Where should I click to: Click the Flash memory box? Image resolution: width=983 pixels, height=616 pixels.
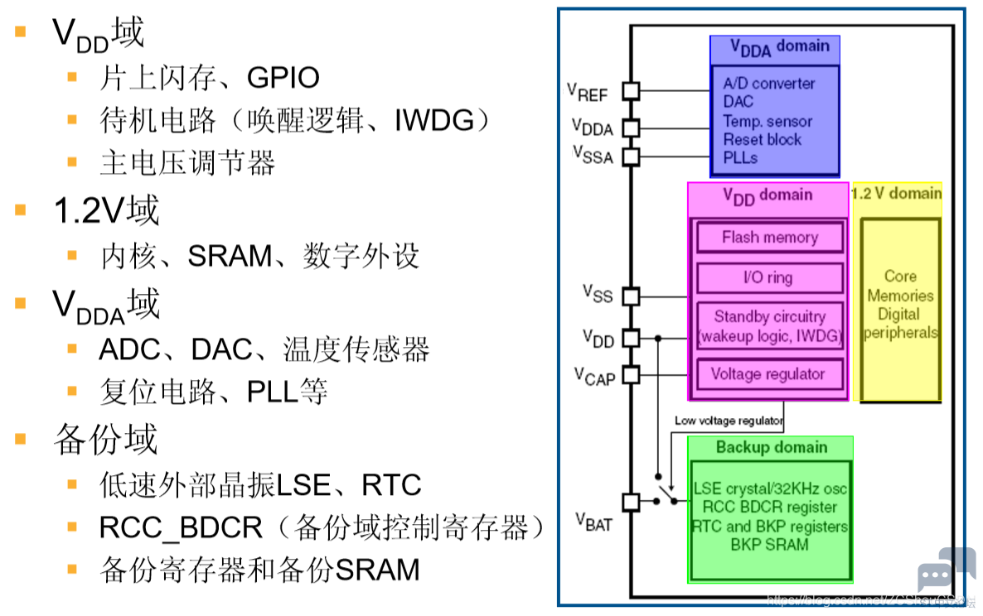pos(770,238)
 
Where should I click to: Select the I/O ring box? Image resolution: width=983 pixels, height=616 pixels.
pos(770,277)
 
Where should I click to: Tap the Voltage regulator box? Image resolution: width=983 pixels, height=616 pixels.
pos(770,374)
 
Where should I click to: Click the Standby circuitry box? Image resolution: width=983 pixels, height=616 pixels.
pos(770,325)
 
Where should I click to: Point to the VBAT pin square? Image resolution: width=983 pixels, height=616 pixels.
pos(632,502)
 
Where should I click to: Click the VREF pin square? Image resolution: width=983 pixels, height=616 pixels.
pos(632,91)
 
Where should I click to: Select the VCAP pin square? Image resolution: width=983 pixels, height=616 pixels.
pos(632,375)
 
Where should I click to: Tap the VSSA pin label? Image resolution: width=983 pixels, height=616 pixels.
pos(593,156)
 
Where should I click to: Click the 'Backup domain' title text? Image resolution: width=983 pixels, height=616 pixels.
pos(772,447)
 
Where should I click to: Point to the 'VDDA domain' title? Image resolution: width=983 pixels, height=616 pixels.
pos(779,47)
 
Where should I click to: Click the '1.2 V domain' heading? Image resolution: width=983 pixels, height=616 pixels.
pos(897,193)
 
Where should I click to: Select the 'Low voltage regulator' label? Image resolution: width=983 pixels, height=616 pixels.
pos(729,421)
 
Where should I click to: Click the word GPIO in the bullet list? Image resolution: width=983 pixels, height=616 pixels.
pos(283,78)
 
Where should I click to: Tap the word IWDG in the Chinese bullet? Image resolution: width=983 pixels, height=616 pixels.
pos(433,120)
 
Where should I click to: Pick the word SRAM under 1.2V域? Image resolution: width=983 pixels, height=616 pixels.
pos(230,256)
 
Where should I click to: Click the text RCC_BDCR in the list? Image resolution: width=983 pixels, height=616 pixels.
pos(182,527)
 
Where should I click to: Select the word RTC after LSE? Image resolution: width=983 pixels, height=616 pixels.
pos(391,485)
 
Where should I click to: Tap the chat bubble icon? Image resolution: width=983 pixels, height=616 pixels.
pos(946,568)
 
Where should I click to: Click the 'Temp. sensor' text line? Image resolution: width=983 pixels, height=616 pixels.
pos(768,121)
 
